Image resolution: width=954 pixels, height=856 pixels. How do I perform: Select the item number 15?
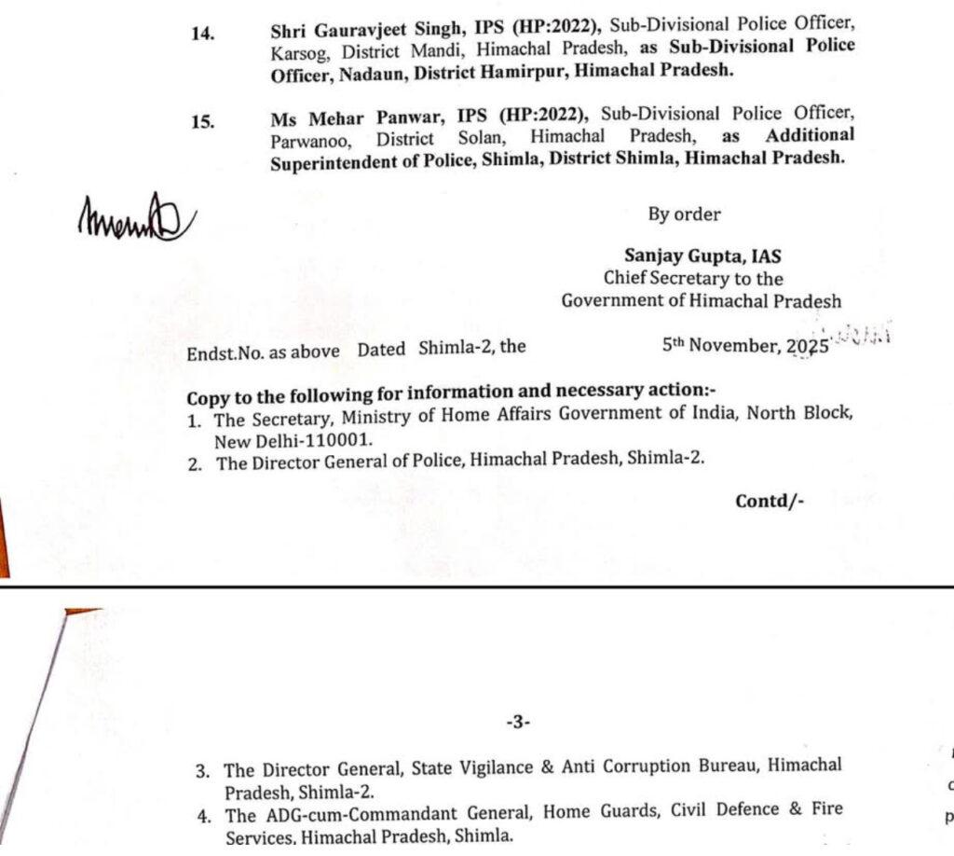click(202, 121)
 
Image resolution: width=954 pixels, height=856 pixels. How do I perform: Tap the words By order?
click(684, 214)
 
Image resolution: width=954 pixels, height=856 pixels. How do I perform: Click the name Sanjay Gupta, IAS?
click(702, 256)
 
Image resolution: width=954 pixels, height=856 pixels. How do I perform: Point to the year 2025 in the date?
click(807, 346)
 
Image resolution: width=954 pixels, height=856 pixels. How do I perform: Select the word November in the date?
click(733, 346)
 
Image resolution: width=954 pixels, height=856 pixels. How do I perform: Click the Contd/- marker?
click(770, 501)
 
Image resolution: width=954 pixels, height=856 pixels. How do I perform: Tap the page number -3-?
click(518, 722)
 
